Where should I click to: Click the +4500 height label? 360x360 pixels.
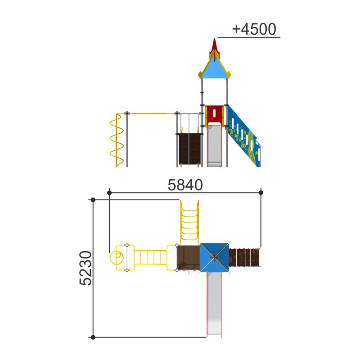pos(254,29)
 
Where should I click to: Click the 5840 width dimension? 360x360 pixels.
pos(185,185)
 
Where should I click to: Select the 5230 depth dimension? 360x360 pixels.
pos(85,268)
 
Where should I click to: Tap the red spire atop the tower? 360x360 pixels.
pos(215,47)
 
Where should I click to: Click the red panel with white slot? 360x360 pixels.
pos(215,115)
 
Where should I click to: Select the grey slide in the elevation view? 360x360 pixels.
pos(215,144)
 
